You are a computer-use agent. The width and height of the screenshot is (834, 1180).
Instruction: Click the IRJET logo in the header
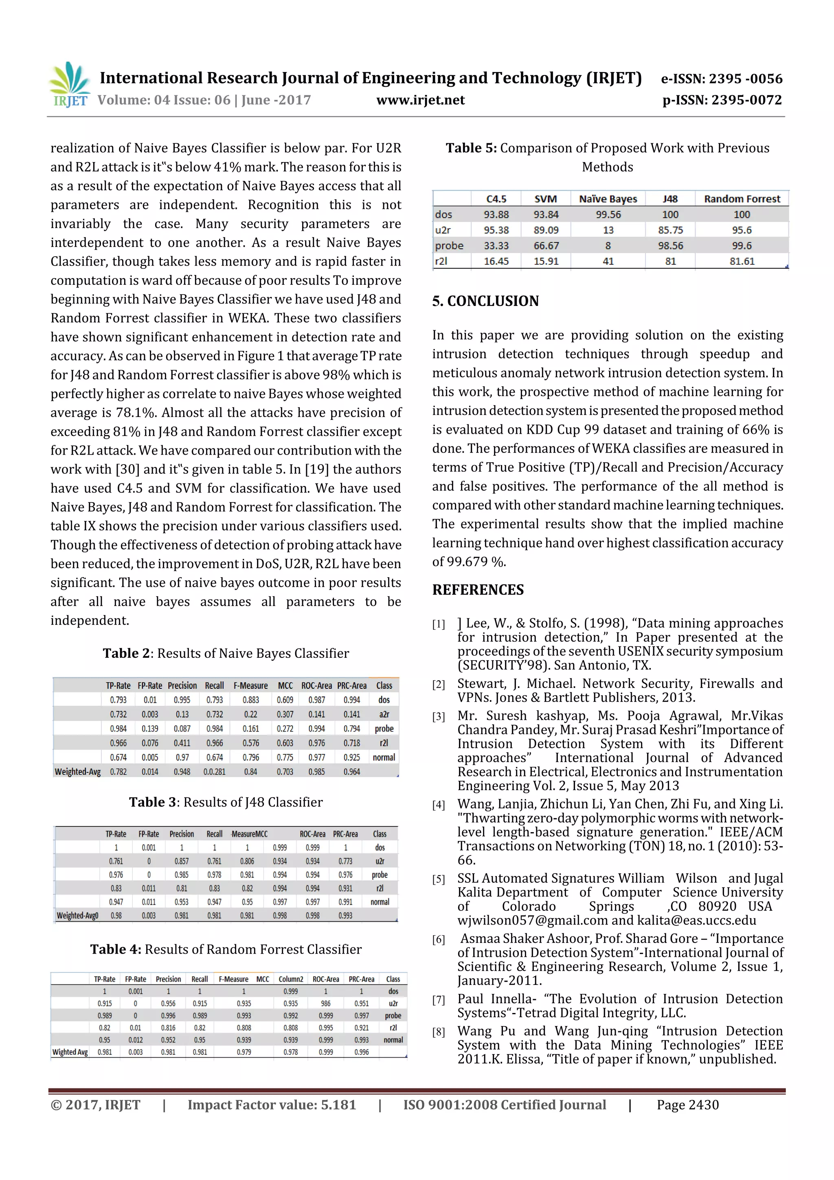[x=69, y=84]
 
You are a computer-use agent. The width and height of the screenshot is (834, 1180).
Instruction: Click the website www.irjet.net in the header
[x=420, y=100]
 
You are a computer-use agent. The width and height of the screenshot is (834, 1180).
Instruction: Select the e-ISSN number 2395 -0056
[x=744, y=79]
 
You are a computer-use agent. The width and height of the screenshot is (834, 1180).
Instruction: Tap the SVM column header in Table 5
[x=545, y=199]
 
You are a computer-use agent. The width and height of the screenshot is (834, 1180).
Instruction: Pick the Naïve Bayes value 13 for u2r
[x=608, y=230]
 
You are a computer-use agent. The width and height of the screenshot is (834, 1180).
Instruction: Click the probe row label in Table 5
[x=449, y=246]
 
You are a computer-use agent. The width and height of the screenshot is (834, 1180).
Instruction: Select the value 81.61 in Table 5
[x=742, y=261]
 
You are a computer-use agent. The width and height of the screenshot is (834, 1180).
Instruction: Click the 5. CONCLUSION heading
[x=485, y=301]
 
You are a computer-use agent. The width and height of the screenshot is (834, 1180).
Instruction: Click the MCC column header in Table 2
[x=285, y=686]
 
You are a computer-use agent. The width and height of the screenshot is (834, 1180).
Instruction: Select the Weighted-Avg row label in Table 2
[x=78, y=772]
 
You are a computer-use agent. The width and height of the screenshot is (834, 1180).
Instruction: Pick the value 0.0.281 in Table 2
[x=214, y=772]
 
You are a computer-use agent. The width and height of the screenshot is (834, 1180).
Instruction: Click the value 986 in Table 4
[x=325, y=1003]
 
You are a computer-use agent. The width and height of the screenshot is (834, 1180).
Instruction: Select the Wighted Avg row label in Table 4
[x=70, y=1052]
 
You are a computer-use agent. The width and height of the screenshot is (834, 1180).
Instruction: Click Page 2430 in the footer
[x=687, y=1105]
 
